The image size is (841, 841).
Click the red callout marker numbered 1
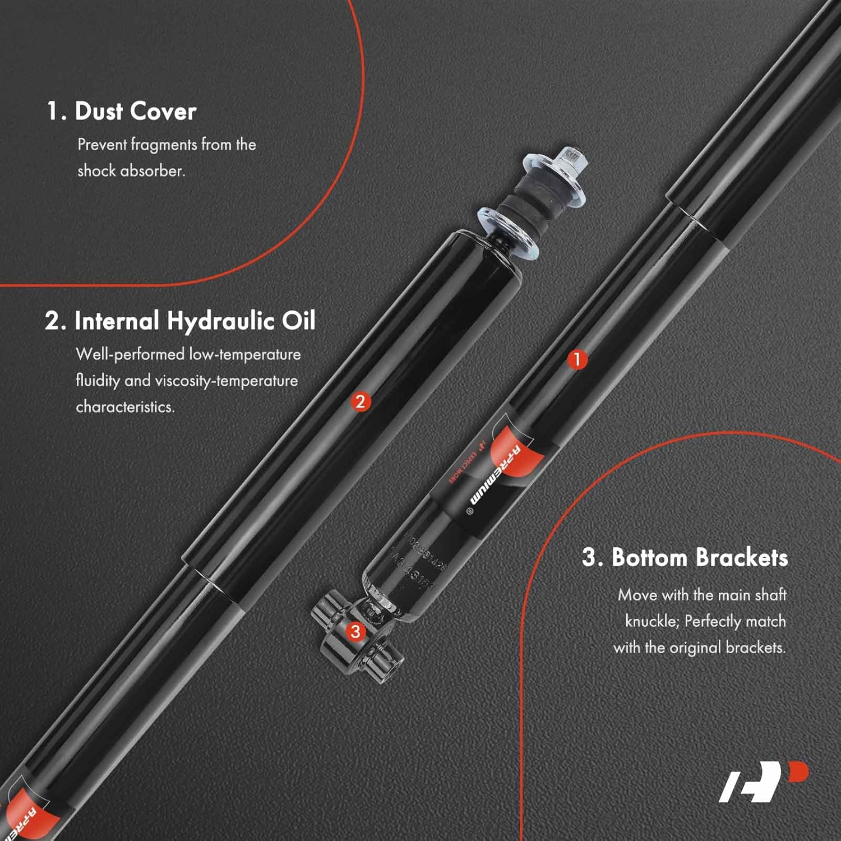pos(577,359)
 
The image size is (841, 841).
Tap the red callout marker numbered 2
pos(361,401)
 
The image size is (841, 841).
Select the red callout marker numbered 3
pos(355,632)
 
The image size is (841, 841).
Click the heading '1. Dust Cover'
pos(122,111)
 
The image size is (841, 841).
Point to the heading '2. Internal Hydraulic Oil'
pos(180,321)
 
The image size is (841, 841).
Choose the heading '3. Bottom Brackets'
pos(685,557)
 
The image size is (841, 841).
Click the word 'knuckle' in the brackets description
pos(650,621)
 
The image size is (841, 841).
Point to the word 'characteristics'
pos(125,406)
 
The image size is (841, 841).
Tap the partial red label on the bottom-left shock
pos(25,813)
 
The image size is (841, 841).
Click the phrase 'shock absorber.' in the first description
pos(131,170)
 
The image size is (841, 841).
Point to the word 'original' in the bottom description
pos(695,648)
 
